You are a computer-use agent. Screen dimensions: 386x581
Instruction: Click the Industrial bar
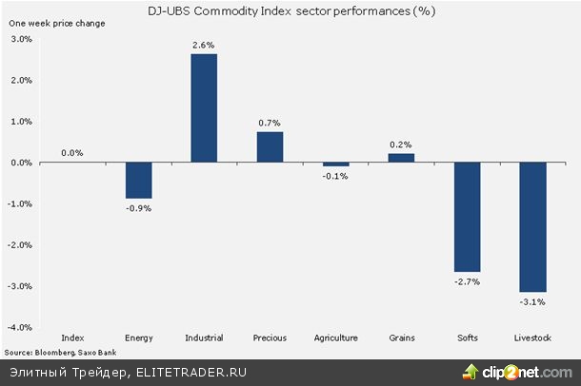(204, 108)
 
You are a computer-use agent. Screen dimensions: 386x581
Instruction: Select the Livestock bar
(532, 227)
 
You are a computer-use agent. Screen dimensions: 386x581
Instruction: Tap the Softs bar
(467, 217)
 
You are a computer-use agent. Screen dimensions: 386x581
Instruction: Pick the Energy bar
(138, 181)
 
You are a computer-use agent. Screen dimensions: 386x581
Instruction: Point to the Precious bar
(270, 147)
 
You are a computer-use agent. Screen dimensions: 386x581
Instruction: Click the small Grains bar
(401, 158)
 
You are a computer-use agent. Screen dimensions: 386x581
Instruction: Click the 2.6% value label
(204, 45)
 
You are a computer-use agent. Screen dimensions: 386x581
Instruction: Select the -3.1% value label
(532, 301)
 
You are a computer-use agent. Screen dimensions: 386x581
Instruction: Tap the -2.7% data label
(467, 281)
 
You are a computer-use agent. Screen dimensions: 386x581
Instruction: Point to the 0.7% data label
(270, 123)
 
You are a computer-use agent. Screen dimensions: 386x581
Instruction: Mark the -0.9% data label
(138, 207)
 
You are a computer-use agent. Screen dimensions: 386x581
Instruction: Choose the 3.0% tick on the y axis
(21, 39)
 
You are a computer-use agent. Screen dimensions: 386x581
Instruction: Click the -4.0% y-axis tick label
(20, 327)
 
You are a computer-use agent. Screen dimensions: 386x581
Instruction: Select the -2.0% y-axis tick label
(20, 245)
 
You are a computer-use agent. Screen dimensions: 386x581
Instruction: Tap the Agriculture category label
(335, 338)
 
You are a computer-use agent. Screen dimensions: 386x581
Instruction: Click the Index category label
(72, 338)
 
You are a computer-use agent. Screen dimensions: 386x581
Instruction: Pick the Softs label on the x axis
(467, 338)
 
